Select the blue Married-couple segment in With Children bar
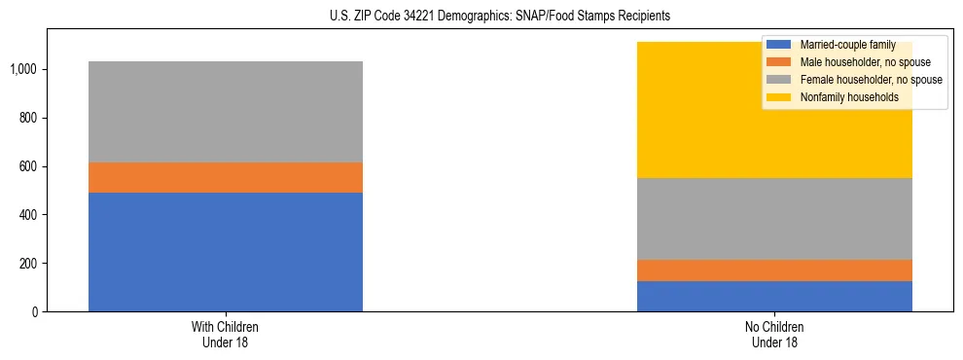[x=225, y=251]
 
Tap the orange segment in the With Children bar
[x=225, y=177]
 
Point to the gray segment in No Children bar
[x=774, y=218]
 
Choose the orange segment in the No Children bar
[x=774, y=270]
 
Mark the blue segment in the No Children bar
[x=774, y=296]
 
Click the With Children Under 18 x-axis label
[x=225, y=335]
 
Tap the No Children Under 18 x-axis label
[x=774, y=335]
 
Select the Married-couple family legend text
[x=847, y=45]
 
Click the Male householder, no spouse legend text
[x=859, y=62]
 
